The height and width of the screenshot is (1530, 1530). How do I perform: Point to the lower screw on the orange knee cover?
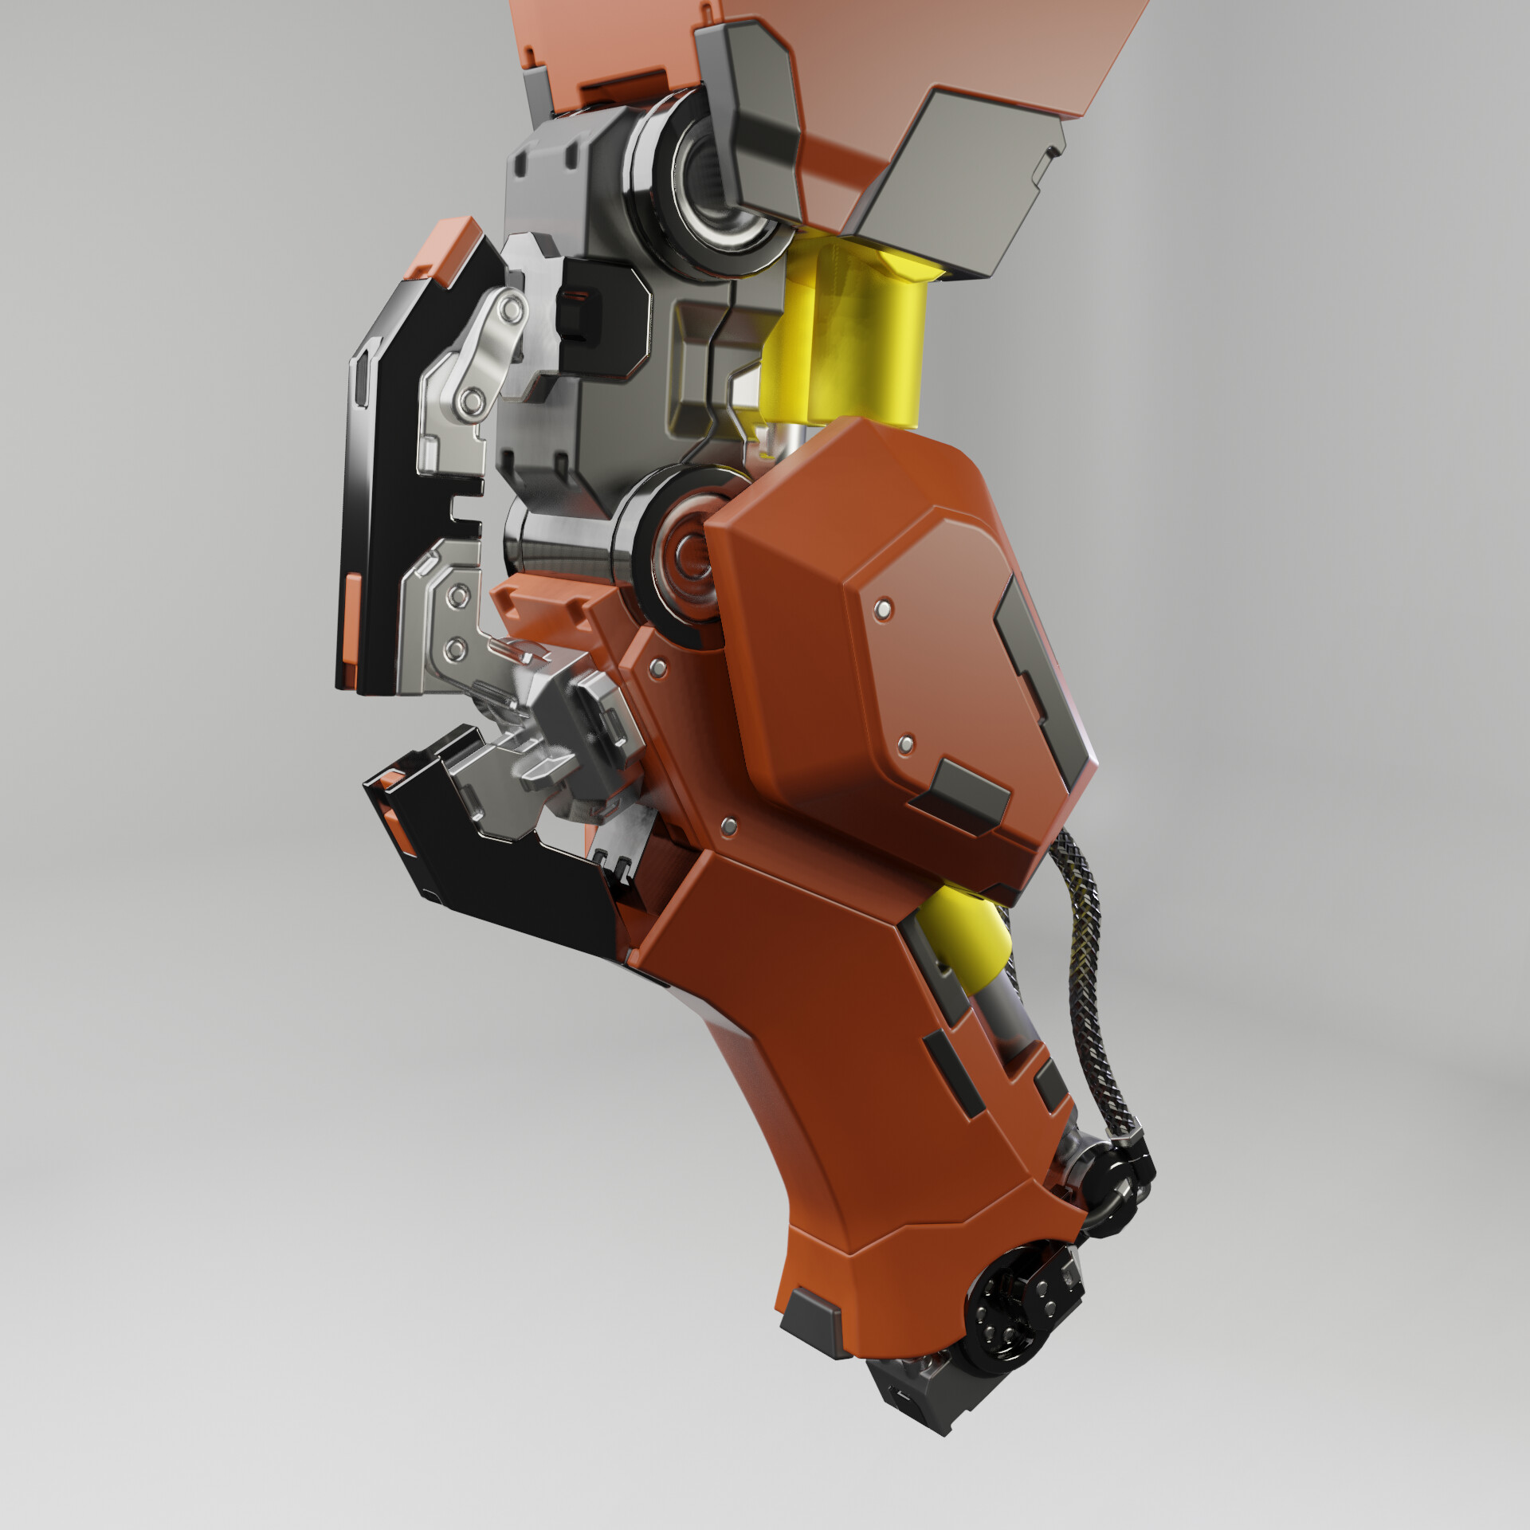pyautogui.click(x=905, y=744)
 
